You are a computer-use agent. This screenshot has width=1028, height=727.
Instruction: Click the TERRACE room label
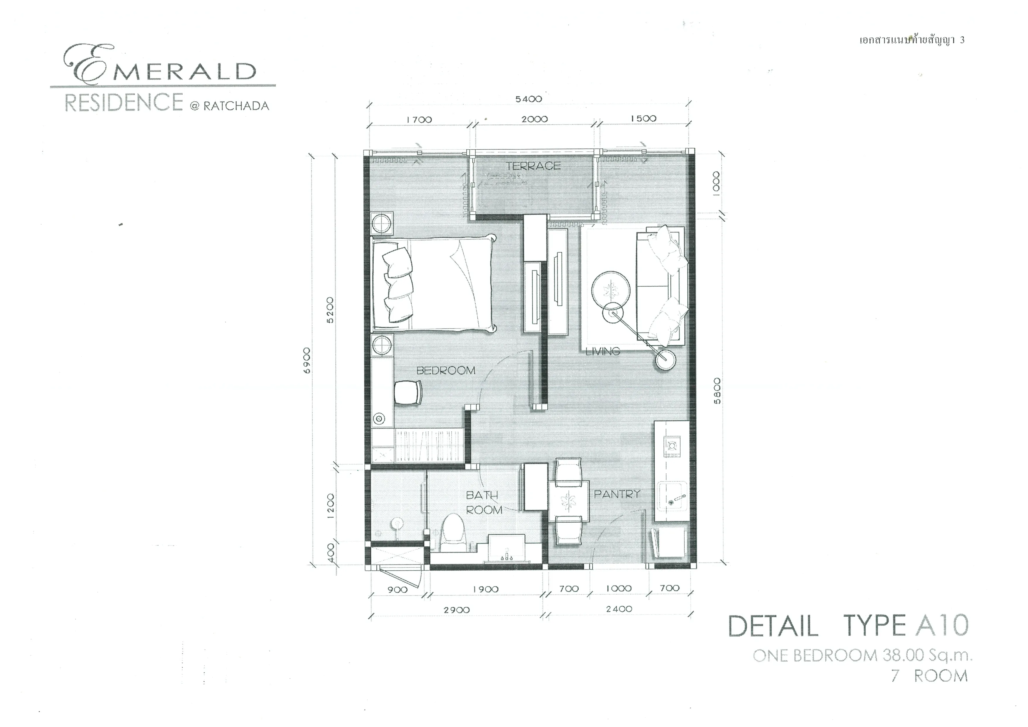(533, 166)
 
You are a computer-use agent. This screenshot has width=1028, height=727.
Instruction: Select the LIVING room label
(603, 351)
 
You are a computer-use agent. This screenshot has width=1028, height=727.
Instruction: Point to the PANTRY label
(617, 494)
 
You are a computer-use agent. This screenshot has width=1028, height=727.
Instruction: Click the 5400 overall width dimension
(529, 99)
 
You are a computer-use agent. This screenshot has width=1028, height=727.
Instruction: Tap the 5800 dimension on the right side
(717, 391)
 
